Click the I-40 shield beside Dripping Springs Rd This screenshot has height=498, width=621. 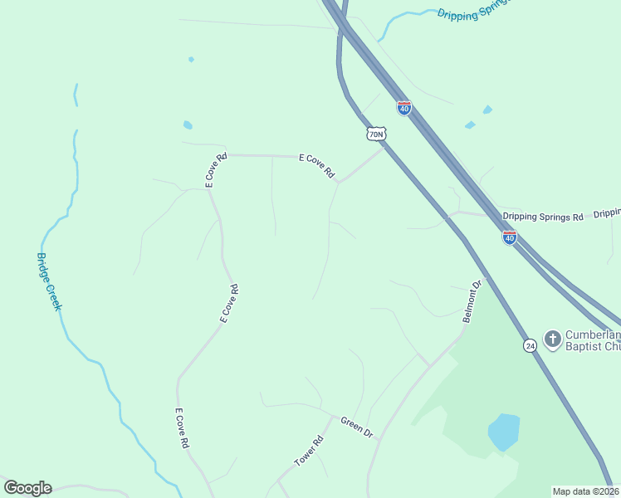point(510,237)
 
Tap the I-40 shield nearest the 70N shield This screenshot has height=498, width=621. point(404,108)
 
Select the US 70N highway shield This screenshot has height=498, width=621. point(376,134)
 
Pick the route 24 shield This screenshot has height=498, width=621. point(530,344)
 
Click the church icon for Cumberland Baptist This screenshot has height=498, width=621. point(552,338)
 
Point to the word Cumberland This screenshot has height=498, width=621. point(593,334)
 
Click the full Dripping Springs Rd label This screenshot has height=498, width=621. point(543,217)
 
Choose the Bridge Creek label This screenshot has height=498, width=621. point(50,281)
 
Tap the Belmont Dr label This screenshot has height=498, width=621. point(472,301)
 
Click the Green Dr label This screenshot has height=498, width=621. point(357,427)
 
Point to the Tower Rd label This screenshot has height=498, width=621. point(308,450)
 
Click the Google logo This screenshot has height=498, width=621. point(27,488)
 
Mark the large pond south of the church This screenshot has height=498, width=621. point(504,432)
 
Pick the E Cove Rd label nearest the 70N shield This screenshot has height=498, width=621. point(317,167)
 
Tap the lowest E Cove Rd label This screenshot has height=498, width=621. point(181,428)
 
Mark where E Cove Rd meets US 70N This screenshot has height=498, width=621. point(384,149)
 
